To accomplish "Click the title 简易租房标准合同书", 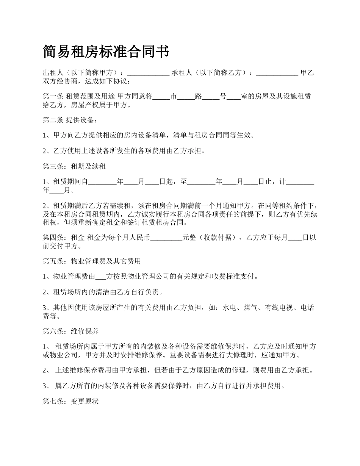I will [x=106, y=52].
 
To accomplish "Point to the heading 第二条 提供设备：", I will [x=70, y=120].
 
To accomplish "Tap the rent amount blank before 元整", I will [x=167, y=238].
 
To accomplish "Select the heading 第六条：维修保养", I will [x=71, y=332].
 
